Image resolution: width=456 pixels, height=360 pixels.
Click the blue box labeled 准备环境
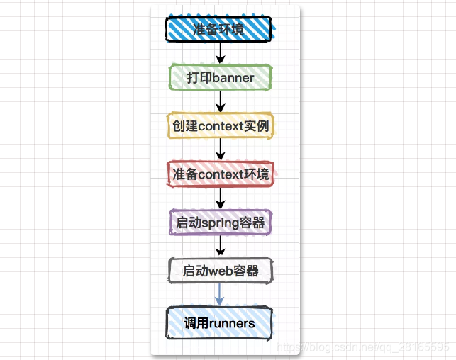(x=220, y=29)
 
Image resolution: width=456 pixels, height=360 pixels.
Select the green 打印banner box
(x=220, y=77)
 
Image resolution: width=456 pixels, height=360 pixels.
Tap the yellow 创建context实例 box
(x=221, y=125)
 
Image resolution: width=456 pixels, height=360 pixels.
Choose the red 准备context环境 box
(x=221, y=174)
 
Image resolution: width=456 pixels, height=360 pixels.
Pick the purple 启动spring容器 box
(x=221, y=223)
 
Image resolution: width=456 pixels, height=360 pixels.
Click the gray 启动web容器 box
(x=221, y=271)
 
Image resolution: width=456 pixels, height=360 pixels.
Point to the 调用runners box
(x=220, y=323)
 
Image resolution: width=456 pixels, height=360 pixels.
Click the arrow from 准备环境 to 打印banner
(x=221, y=52)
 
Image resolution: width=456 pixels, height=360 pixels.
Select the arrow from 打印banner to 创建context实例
(x=221, y=101)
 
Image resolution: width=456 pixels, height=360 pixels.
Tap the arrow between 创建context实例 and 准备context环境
(x=221, y=150)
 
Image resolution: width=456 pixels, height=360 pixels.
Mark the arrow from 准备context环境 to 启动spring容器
(x=221, y=198)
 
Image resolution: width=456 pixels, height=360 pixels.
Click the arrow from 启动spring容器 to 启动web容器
(x=221, y=246)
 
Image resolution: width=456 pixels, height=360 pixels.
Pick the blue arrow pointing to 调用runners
(x=220, y=295)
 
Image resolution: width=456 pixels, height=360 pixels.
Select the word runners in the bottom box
(x=231, y=323)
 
